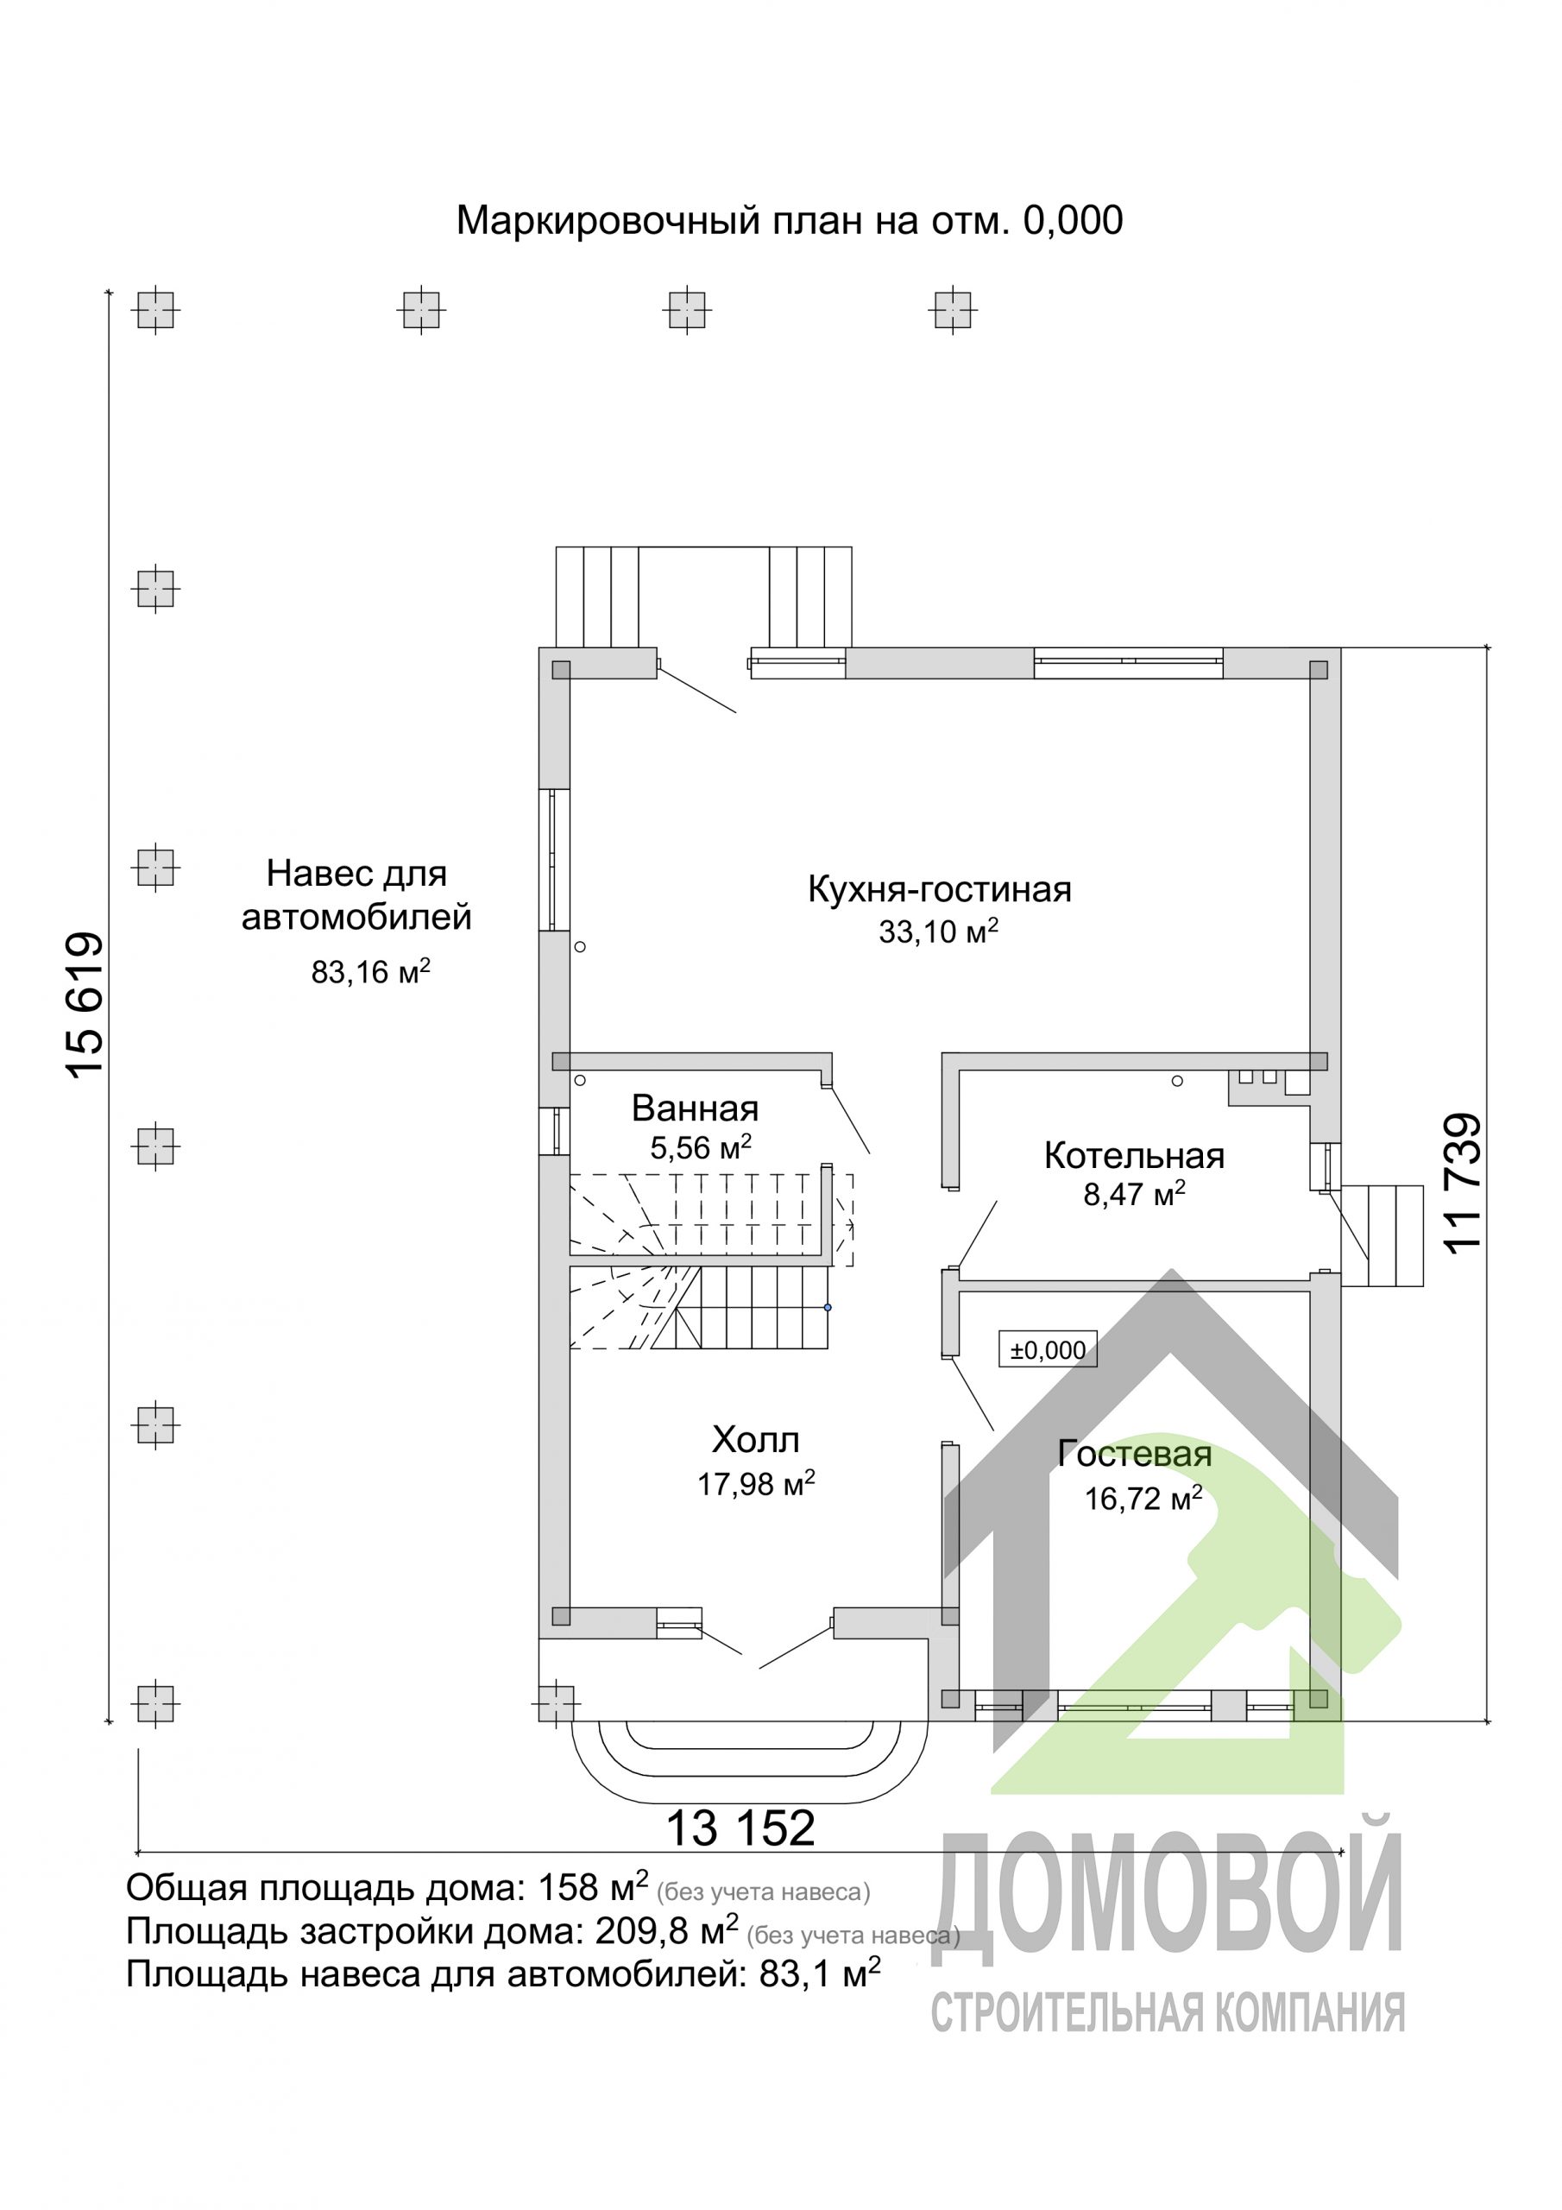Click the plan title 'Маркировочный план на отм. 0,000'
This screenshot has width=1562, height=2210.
tap(789, 221)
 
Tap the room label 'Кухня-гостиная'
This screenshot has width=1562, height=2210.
tap(939, 889)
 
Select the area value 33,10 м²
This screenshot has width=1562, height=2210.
tap(938, 931)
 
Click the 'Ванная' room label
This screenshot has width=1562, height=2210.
tap(695, 1108)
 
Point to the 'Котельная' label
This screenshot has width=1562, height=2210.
tap(1135, 1155)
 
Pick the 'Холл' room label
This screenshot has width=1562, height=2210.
tap(755, 1440)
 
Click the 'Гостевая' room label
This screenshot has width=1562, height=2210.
tap(1135, 1455)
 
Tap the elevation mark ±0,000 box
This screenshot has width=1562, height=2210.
tap(1048, 1350)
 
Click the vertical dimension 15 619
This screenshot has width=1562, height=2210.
tap(85, 1004)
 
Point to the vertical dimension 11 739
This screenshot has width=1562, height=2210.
tap(1462, 1183)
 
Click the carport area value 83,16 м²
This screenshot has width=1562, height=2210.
tap(370, 971)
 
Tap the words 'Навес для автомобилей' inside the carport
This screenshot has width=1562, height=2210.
tap(357, 895)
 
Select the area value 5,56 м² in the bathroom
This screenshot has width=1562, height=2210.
tap(701, 1147)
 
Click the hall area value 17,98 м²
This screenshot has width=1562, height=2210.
tap(757, 1484)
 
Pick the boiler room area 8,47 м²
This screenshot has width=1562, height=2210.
tap(1135, 1194)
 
